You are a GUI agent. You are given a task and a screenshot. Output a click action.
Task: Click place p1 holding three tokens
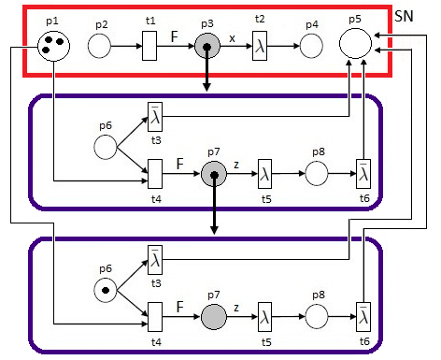53,44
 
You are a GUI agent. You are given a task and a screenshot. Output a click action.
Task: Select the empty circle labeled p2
100,44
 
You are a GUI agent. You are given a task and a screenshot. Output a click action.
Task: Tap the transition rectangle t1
149,44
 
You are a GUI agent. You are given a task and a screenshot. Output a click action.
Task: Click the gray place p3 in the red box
206,44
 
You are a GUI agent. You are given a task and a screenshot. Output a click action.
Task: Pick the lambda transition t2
262,44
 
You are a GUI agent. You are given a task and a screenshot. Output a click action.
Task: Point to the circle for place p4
310,44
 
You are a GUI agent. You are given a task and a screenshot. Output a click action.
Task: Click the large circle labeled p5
355,43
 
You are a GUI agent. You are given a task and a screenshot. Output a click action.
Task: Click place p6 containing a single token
106,290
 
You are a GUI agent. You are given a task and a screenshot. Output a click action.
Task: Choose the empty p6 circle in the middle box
106,147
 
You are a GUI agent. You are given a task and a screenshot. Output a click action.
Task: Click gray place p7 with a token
214,174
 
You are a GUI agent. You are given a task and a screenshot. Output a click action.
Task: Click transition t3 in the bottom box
155,259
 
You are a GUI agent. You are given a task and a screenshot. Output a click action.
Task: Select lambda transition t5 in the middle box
265,174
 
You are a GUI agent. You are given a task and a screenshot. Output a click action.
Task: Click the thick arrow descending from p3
206,79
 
